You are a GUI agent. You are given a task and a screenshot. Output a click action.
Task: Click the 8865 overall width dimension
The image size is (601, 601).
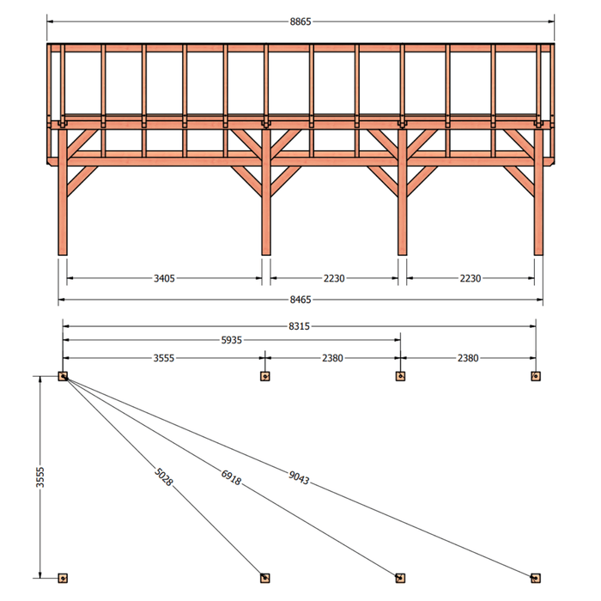coord(300,21)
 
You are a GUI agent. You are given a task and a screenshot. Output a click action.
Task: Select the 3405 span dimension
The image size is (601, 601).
coord(164,278)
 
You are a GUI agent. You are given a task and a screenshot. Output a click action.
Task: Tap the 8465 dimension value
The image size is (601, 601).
coord(300,300)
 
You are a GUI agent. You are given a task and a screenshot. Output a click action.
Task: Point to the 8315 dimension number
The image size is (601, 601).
coord(299,326)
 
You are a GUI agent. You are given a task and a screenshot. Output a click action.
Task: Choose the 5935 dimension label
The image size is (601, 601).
coord(232,340)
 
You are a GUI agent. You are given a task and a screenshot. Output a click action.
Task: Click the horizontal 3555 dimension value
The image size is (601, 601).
coord(164,358)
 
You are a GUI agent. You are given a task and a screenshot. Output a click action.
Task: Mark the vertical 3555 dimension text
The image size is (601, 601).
coord(39,477)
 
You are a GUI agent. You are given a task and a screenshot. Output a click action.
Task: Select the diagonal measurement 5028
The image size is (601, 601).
coord(164,477)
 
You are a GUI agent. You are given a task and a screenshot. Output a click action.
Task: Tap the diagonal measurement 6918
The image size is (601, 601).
coord(231,477)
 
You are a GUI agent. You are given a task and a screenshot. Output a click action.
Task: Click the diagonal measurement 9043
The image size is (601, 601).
coord(299,477)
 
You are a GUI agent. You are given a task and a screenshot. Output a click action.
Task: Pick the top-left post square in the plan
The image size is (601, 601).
coord(63,376)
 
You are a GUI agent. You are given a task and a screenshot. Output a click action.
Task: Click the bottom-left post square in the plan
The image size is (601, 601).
coord(63,578)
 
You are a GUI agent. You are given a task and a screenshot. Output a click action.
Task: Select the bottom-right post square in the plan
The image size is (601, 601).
coord(536,578)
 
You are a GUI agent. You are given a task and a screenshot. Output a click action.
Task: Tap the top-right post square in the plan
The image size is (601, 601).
coord(536,376)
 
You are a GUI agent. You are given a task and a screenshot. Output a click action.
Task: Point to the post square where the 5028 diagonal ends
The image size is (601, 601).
coord(264,578)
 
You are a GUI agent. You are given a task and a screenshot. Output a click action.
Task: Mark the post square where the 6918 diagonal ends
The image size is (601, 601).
coord(400,578)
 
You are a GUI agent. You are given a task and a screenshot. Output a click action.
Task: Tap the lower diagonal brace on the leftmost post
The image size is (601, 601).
coord(82,181)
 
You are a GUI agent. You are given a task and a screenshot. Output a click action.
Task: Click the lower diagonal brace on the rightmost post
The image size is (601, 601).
coord(519,181)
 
